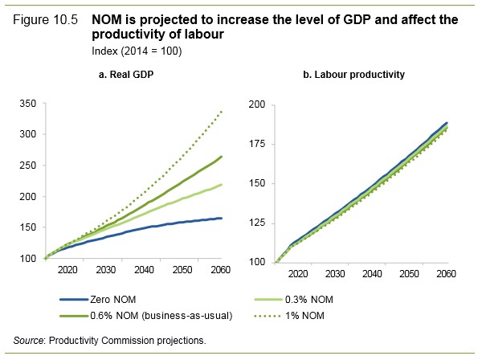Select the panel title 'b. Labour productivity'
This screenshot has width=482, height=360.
pyautogui.click(x=353, y=75)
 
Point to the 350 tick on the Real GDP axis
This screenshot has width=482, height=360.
pyautogui.click(x=28, y=104)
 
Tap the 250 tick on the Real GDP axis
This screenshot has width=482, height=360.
pyautogui.click(x=28, y=166)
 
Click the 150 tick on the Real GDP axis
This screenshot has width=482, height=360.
pyautogui.click(x=28, y=228)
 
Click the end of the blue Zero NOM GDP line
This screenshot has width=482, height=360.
pyautogui.click(x=221, y=219)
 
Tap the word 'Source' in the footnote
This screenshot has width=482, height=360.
pyautogui.click(x=27, y=340)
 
